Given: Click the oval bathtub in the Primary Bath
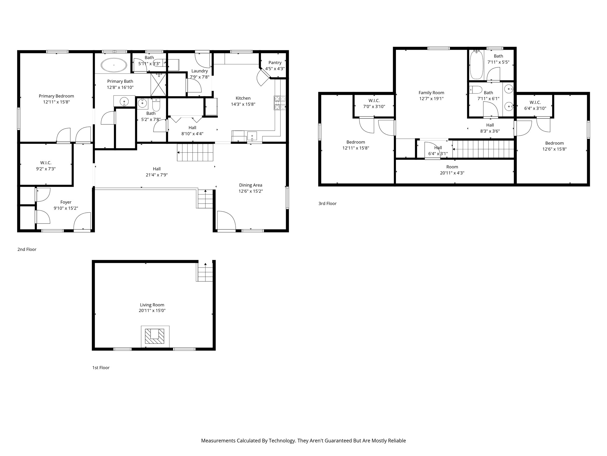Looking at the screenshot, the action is click(x=114, y=65).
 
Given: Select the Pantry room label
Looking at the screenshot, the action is click(x=275, y=63).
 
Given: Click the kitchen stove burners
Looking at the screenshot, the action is click(x=280, y=103).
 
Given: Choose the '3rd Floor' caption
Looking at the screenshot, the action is click(x=328, y=203).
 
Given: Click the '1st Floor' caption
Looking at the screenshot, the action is click(x=101, y=368).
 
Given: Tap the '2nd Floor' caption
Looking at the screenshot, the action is click(x=27, y=249).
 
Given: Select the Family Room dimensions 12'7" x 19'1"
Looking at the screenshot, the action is click(x=431, y=99).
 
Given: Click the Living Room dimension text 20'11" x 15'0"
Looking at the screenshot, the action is click(x=152, y=311).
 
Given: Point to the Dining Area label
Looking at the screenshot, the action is click(x=250, y=185).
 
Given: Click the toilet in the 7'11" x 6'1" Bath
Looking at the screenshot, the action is click(x=476, y=90).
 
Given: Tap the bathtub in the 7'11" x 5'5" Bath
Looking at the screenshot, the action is click(x=477, y=64).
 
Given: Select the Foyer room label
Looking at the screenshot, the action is click(x=66, y=202).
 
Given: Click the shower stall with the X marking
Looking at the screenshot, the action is click(x=159, y=85).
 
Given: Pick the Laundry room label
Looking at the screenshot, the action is click(x=199, y=71).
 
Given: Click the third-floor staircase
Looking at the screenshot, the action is click(x=483, y=149).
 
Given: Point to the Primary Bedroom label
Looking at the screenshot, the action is click(x=56, y=96).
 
